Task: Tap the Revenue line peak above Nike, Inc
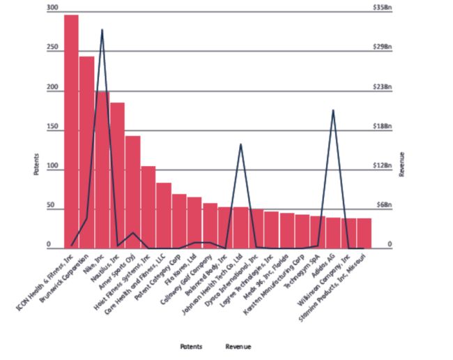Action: click(x=102, y=30)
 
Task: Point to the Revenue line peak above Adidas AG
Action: click(x=333, y=110)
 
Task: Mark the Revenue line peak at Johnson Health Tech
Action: click(x=240, y=144)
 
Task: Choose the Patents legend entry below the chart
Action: click(x=191, y=347)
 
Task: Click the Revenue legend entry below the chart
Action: click(x=238, y=347)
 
